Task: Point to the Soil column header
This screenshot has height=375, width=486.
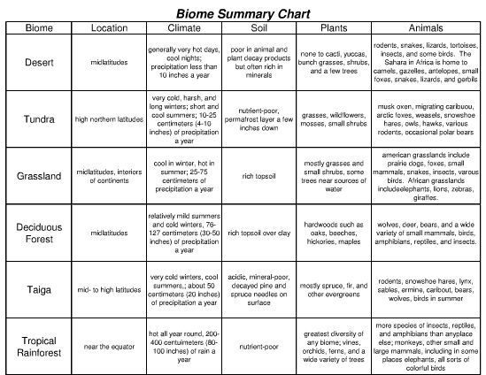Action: click(x=257, y=28)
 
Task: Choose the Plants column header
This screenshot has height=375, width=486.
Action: click(x=333, y=28)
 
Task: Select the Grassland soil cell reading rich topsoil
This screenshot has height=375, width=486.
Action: click(x=257, y=175)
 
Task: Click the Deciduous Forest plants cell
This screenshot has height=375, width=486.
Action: click(x=333, y=232)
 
